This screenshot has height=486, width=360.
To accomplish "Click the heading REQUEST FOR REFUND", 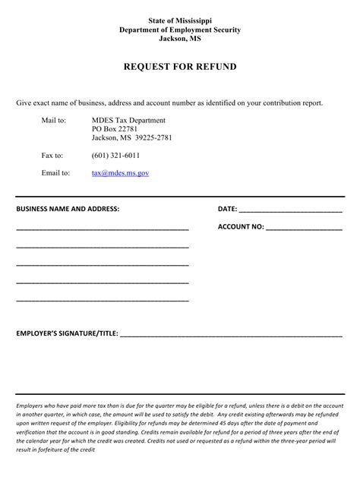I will pyautogui.click(x=180, y=67).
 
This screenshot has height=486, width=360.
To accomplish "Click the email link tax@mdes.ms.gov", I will pyautogui.click(x=120, y=173).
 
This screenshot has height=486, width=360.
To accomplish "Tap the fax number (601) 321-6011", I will pyautogui.click(x=115, y=155).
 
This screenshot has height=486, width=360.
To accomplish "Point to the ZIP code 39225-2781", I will pyautogui.click(x=155, y=137).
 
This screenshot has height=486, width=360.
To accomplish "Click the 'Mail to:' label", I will pyautogui.click(x=54, y=120).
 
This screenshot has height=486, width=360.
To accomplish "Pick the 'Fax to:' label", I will pyautogui.click(x=52, y=155).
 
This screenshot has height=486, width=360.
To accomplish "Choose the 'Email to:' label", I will pyautogui.click(x=55, y=173).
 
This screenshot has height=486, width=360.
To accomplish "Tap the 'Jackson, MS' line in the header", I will pyautogui.click(x=180, y=39).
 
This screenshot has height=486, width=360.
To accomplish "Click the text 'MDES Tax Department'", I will pyautogui.click(x=128, y=120).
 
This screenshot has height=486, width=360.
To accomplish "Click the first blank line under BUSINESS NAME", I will pyautogui.click(x=102, y=229).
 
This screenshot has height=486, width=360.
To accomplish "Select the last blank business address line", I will pyautogui.click(x=102, y=301).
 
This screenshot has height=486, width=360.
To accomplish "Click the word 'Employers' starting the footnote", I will pyautogui.click(x=31, y=406).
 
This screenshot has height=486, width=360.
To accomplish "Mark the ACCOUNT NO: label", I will pyautogui.click(x=241, y=226).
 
